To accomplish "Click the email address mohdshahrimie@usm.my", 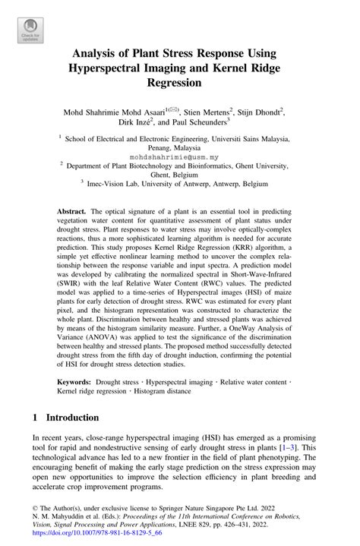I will pyautogui.click(x=179, y=157).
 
